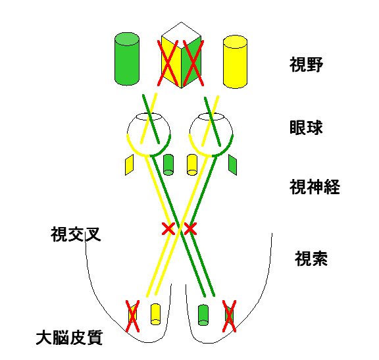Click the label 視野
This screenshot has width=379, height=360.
tap(306, 64)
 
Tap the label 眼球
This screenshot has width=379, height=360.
tap(306, 127)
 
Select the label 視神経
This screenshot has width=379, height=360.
tap(315, 187)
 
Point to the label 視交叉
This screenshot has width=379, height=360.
tap(76, 234)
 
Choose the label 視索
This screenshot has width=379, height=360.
tap(311, 259)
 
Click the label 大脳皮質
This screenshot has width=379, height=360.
tap(70, 338)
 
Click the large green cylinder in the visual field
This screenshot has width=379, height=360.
tap(127, 59)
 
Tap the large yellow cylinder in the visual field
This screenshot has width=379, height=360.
tap(235, 62)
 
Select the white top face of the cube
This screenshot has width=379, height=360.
tap(182, 31)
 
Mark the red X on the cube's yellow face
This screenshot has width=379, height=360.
tap(168, 63)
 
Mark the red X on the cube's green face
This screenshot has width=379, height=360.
tap(193, 63)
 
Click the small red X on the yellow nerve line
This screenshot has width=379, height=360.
tap(168, 229)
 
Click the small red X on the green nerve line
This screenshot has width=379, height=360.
tap(190, 229)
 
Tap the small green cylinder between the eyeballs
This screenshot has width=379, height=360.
tap(168, 165)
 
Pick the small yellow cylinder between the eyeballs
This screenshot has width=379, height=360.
tap(192, 165)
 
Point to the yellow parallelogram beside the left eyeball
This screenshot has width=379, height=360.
tap(130, 165)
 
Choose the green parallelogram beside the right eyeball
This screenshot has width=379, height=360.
tap(232, 165)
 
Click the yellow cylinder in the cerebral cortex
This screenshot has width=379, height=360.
tap(156, 314)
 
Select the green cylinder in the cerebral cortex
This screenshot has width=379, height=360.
tap(203, 315)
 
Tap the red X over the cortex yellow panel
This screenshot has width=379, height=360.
tap(132, 317)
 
